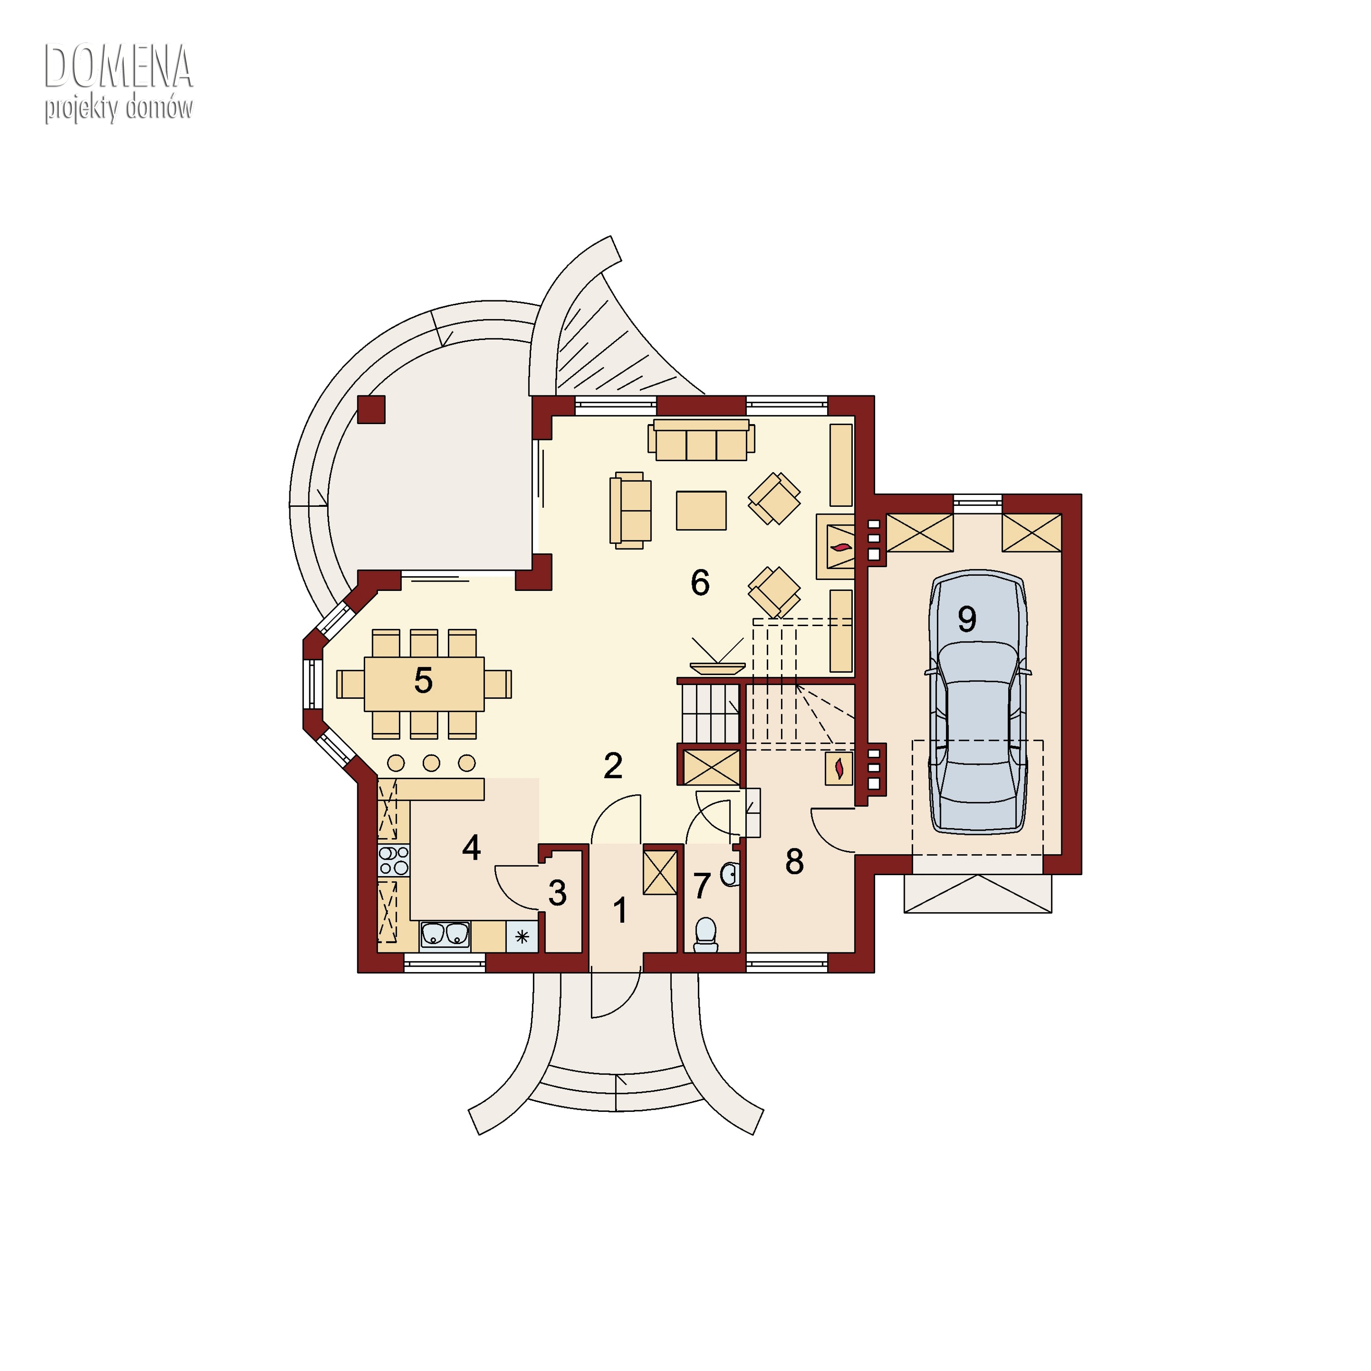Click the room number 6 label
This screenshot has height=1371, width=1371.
(700, 583)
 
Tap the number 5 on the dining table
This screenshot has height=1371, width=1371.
(423, 680)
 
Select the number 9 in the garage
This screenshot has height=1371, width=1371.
(967, 619)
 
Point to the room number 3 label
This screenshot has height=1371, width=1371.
(557, 893)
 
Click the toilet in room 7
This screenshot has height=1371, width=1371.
(705, 935)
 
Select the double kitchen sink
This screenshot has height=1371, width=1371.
(445, 935)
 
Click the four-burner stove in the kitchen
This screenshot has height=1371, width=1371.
(394, 861)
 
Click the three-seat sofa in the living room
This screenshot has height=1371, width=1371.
(701, 440)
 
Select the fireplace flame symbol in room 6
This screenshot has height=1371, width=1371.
(841, 547)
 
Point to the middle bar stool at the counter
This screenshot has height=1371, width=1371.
(431, 763)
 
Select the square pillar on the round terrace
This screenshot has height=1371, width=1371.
(371, 409)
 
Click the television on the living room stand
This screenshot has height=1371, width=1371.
(717, 667)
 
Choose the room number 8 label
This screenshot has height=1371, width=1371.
(794, 861)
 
